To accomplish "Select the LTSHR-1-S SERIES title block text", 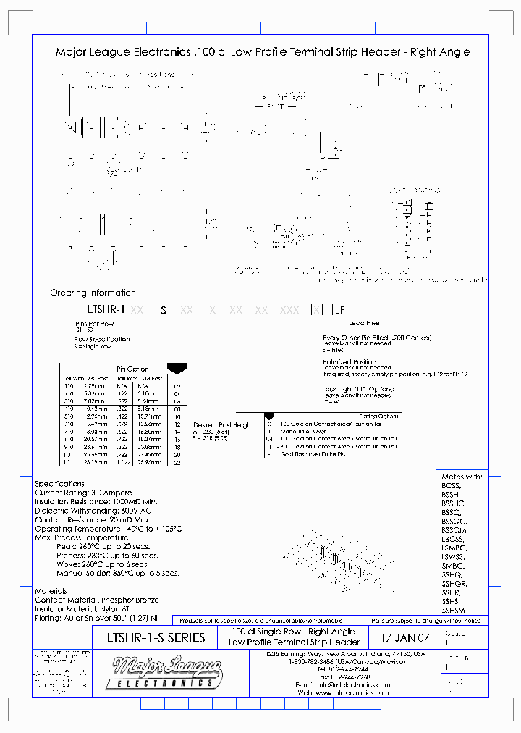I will (x=156, y=638).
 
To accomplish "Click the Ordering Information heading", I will (x=93, y=293).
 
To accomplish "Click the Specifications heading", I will (x=59, y=483).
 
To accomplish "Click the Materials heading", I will (x=51, y=591).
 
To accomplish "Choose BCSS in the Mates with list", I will (x=452, y=486).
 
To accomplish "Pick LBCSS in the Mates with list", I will (x=453, y=539).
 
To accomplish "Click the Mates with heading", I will (x=462, y=477).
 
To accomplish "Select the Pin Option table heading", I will (x=132, y=369).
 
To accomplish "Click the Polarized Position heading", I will (x=350, y=361).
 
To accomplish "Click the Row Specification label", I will (x=102, y=338).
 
